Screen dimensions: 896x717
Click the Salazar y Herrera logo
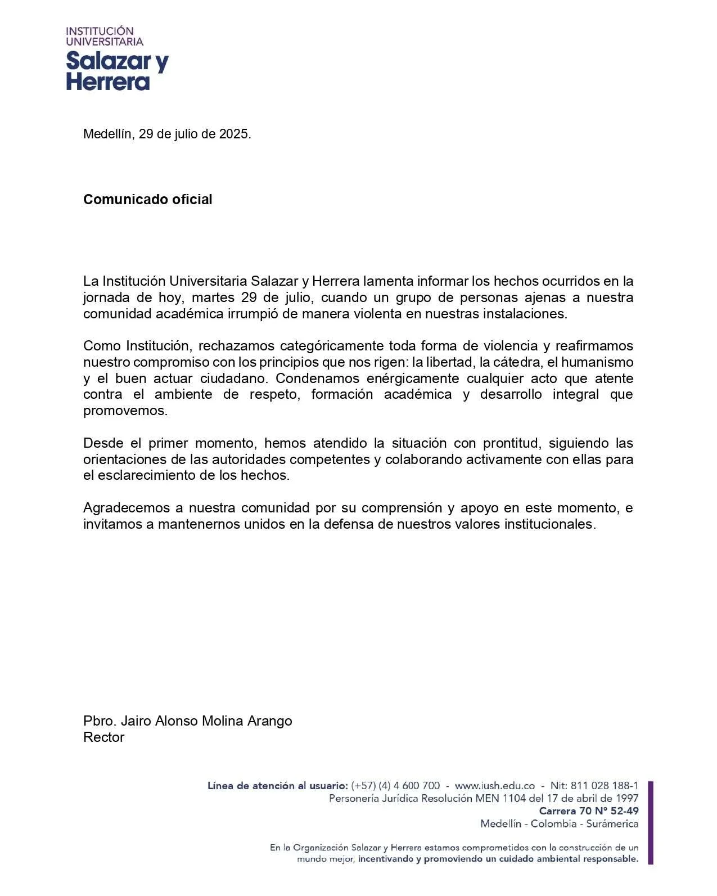click(117, 59)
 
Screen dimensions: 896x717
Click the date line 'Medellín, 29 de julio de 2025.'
click(167, 134)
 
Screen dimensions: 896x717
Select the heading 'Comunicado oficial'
click(147, 200)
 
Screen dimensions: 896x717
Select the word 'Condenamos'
click(317, 379)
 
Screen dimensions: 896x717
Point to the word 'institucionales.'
click(549, 525)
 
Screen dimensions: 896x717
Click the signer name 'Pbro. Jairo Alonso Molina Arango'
click(187, 721)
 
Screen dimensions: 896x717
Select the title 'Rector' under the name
click(103, 737)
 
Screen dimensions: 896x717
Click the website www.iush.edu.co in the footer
click(494, 786)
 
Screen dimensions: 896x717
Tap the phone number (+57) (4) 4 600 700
click(395, 786)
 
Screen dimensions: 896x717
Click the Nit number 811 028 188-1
click(604, 786)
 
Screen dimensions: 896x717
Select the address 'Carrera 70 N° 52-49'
click(588, 811)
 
